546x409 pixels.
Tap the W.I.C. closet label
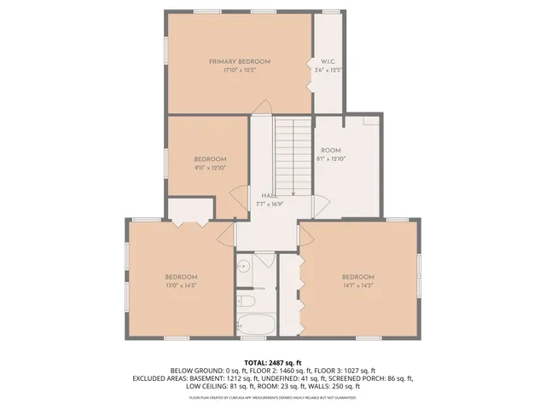pos(328,62)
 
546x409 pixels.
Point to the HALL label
pos(269,196)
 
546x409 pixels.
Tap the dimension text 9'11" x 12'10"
pos(209,168)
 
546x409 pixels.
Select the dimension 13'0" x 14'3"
pos(181,285)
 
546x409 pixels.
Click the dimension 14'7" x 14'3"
pos(358,285)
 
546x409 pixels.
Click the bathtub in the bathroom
pos(255,325)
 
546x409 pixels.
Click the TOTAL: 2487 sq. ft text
pos(273,362)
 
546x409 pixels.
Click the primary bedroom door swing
pos(264,108)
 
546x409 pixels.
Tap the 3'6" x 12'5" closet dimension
pos(328,71)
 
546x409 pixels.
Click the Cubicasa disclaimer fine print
pos(273,397)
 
